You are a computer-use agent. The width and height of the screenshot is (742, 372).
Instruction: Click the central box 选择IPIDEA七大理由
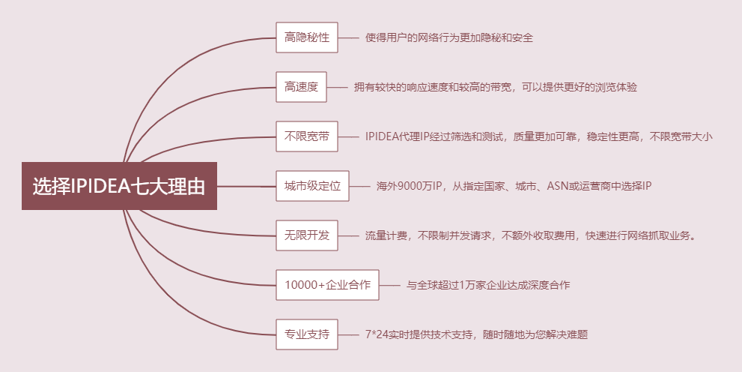(x=119, y=186)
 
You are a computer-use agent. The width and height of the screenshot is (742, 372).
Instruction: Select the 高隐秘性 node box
(x=307, y=37)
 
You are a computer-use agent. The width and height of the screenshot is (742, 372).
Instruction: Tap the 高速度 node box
(x=301, y=87)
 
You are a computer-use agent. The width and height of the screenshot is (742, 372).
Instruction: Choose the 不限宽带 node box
(x=307, y=136)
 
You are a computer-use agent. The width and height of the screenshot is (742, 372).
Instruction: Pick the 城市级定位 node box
(x=312, y=186)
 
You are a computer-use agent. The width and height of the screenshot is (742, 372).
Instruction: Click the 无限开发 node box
(x=307, y=235)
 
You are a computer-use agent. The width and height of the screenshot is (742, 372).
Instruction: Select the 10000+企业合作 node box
(x=327, y=285)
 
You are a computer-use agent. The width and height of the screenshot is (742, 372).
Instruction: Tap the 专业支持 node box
(x=307, y=334)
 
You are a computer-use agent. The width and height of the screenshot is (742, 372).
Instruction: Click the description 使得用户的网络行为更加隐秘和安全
(x=449, y=37)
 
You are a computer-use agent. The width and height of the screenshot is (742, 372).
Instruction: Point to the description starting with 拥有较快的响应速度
(x=496, y=87)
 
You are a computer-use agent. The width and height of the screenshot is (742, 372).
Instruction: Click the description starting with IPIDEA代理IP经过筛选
(x=538, y=136)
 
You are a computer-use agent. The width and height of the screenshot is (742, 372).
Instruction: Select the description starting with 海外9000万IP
(x=514, y=186)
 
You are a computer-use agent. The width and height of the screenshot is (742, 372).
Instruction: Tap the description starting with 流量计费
(x=532, y=235)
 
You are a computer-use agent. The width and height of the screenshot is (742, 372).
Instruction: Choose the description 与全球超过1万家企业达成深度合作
(x=488, y=285)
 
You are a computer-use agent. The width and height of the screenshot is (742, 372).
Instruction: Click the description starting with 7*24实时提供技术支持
(x=476, y=334)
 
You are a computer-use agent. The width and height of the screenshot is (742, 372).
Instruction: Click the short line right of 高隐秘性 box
(x=348, y=37)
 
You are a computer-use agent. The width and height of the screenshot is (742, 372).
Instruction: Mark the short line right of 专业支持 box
(x=348, y=334)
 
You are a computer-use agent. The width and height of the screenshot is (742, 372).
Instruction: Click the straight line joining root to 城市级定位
(x=246, y=186)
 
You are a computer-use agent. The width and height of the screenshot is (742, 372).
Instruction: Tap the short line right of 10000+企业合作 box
(x=389, y=285)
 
